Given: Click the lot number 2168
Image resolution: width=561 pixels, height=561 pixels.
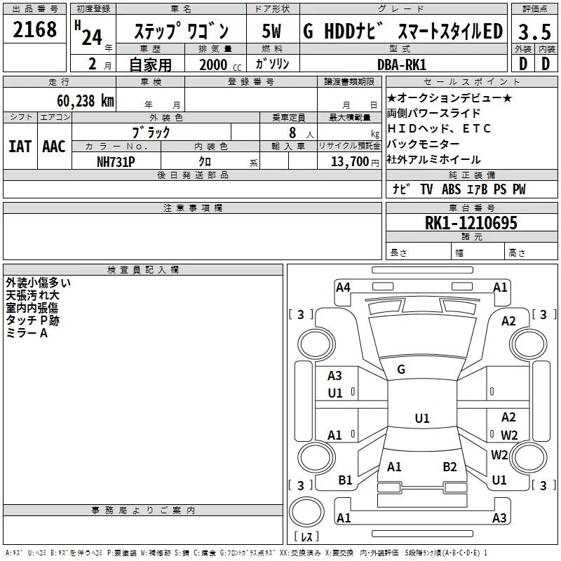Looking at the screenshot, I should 35,30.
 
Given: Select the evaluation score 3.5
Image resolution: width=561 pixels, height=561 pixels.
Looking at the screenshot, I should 534,32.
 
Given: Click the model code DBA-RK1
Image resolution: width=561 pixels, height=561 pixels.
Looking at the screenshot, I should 400,64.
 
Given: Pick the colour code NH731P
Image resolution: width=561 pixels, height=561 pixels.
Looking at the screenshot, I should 116,161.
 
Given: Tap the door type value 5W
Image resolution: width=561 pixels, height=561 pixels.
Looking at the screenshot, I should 272,32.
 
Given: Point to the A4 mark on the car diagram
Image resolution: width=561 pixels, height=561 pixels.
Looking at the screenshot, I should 343,287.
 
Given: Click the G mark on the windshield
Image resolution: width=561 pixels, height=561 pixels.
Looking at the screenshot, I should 401,369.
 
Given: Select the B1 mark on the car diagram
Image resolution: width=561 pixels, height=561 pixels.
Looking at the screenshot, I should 346,480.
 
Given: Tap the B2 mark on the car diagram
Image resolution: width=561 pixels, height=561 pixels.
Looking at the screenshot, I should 450,466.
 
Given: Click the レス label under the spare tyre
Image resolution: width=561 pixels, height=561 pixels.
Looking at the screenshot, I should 306,537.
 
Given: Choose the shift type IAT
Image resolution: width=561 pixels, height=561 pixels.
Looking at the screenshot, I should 20,146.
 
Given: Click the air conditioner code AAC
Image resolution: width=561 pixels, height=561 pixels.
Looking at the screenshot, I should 53,146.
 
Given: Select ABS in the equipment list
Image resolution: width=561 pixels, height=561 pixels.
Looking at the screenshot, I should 452,189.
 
